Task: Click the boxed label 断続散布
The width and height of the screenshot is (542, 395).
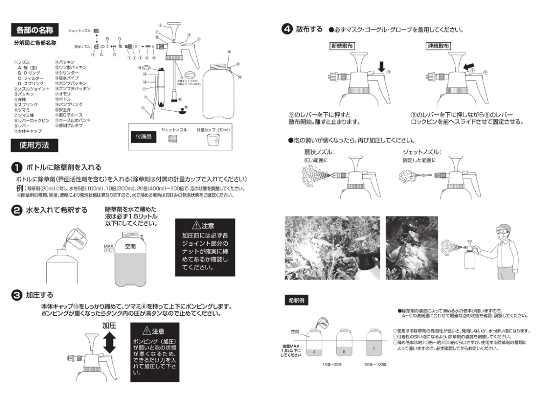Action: pos(343,46)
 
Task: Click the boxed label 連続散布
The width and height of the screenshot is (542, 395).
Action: pos(439,46)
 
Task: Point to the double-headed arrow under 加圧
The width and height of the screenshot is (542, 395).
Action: pos(110,344)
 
